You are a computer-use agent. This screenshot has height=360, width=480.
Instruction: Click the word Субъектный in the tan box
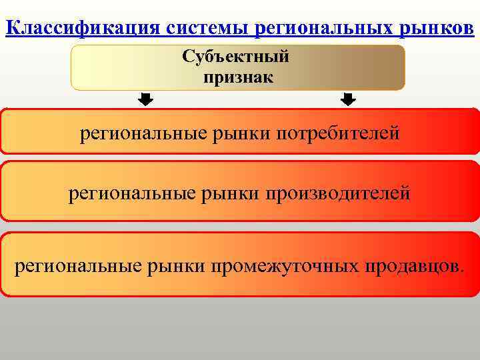[x=236, y=57]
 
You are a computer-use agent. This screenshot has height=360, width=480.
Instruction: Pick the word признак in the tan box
[x=238, y=77]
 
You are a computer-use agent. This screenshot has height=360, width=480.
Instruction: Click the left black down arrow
[x=145, y=100]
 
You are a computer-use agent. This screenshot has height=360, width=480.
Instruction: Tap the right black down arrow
[x=348, y=100]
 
